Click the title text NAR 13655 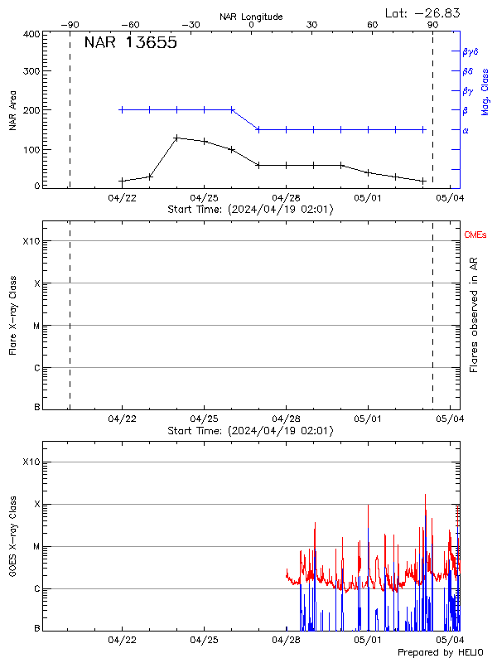[130, 44]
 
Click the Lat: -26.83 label [424, 12]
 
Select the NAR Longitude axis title [251, 17]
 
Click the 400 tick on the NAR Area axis [32, 34]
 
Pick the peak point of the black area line [176, 138]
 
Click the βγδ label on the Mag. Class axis [470, 51]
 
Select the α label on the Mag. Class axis [466, 130]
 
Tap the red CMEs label [476, 235]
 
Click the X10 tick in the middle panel [31, 241]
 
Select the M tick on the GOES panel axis [36, 547]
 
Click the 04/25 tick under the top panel [204, 198]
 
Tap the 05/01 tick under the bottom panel [368, 641]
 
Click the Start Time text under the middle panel [250, 431]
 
